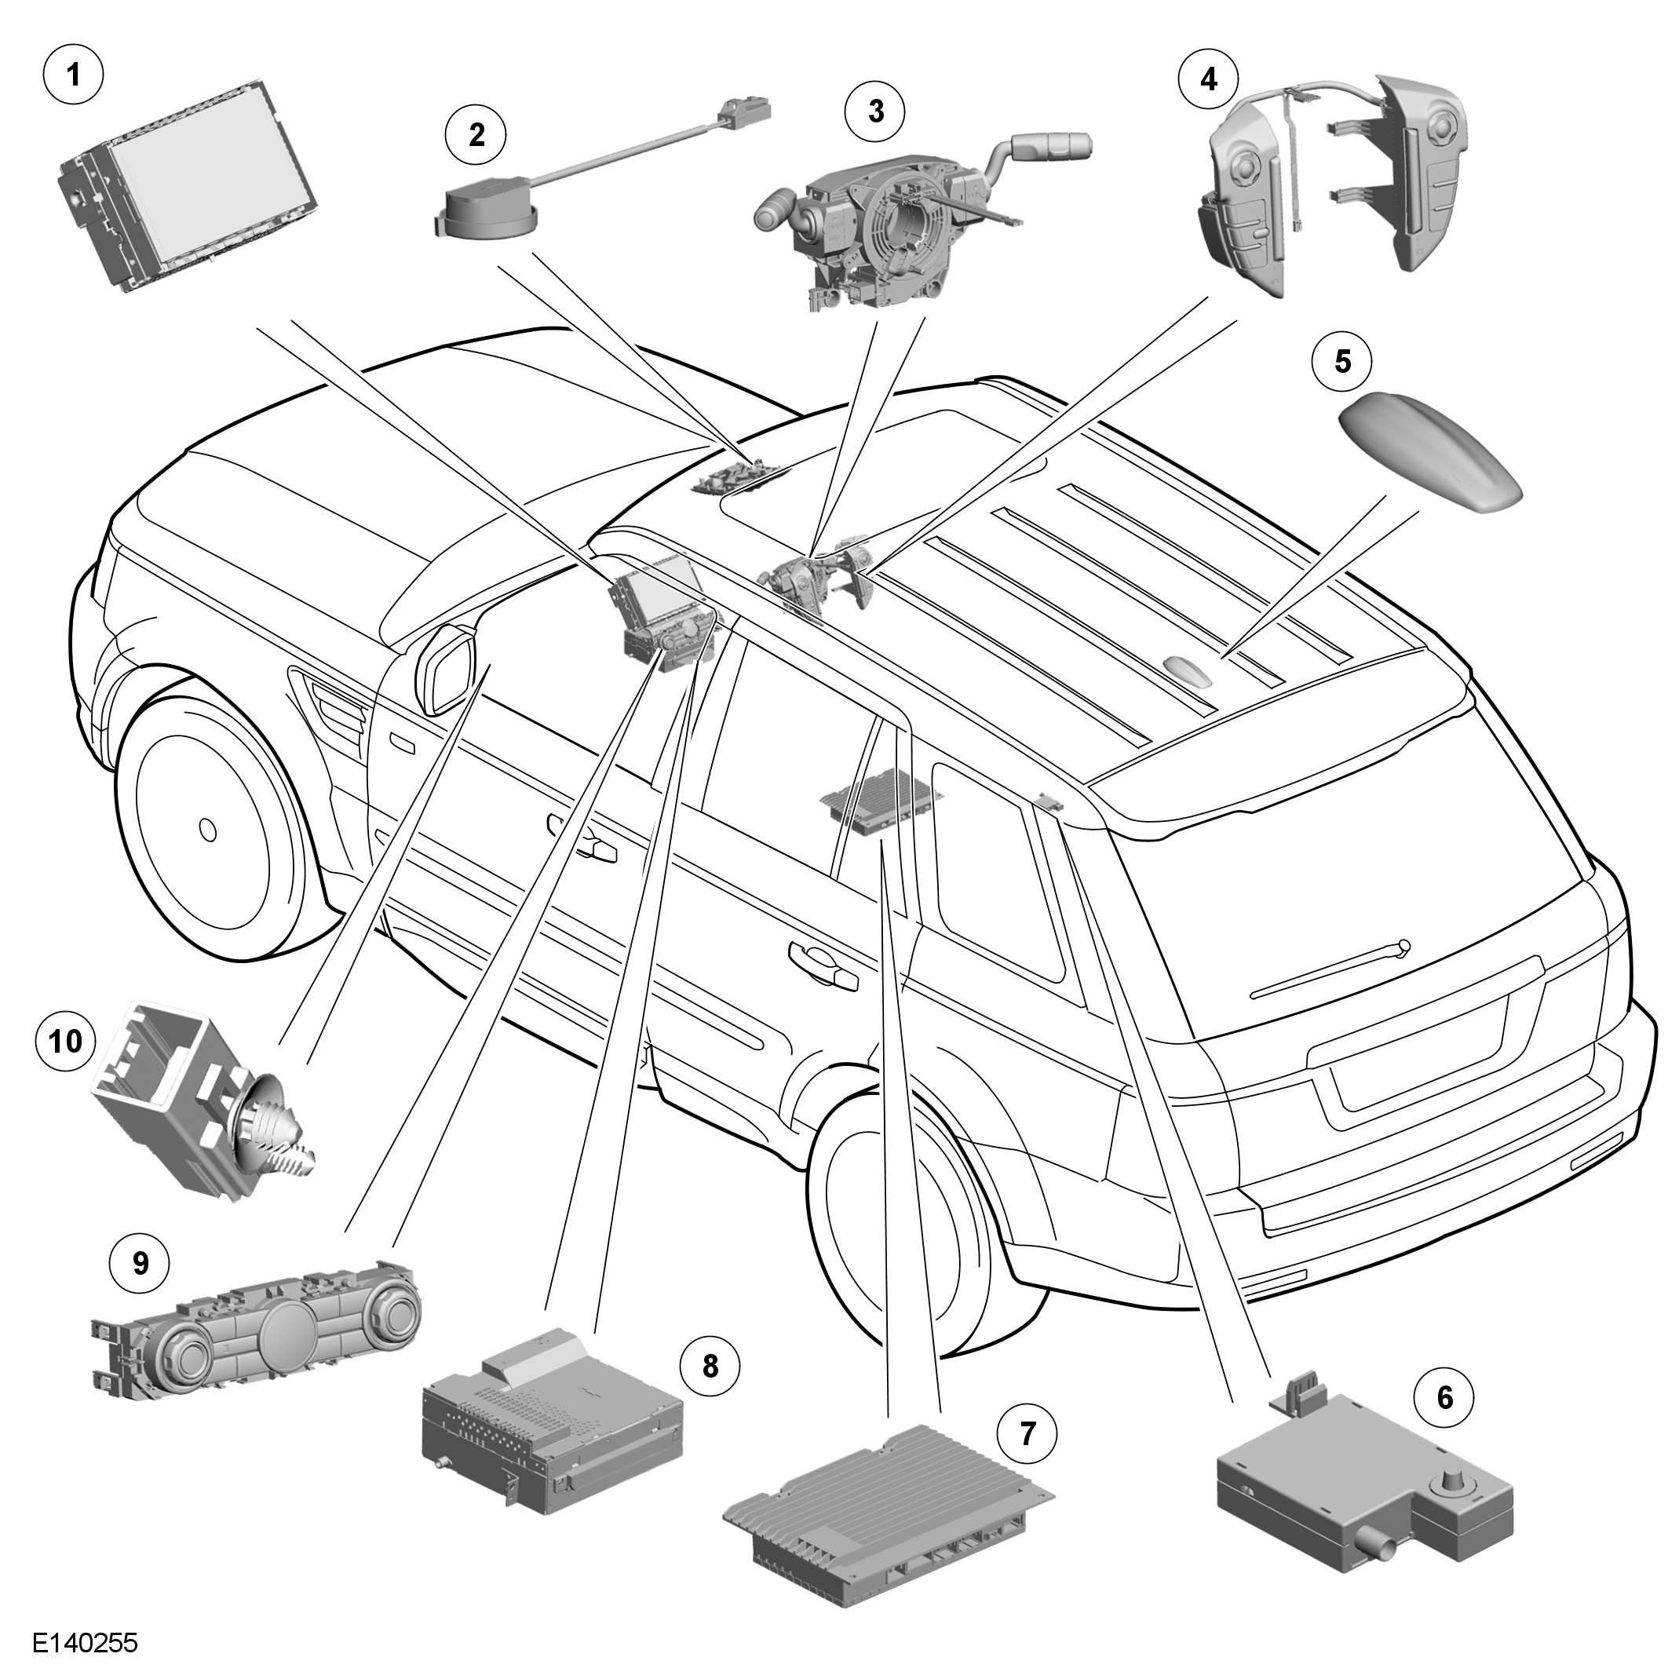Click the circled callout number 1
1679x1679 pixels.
pyautogui.click(x=73, y=75)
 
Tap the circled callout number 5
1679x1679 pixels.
pyautogui.click(x=1343, y=360)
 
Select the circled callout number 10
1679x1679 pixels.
pyautogui.click(x=66, y=1040)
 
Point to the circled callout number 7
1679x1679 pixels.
pyautogui.click(x=1027, y=1433)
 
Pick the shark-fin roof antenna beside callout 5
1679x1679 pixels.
pyautogui.click(x=1429, y=456)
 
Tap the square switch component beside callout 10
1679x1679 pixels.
pyautogui.click(x=195, y=1108)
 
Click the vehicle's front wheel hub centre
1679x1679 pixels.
pyautogui.click(x=208, y=830)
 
